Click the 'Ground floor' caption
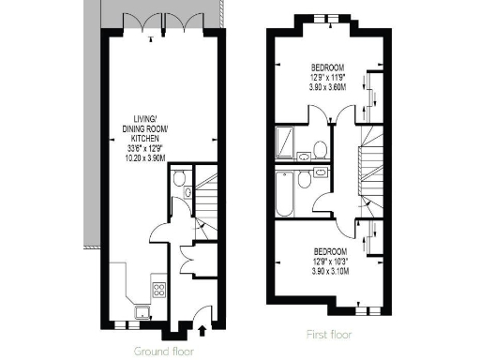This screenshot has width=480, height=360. [x=161, y=350]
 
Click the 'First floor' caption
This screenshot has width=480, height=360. [x=330, y=334]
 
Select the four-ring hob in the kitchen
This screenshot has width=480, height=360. [x=158, y=289]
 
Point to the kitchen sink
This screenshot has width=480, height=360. [x=142, y=310]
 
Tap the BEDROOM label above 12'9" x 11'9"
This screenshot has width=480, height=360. [x=328, y=68]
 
